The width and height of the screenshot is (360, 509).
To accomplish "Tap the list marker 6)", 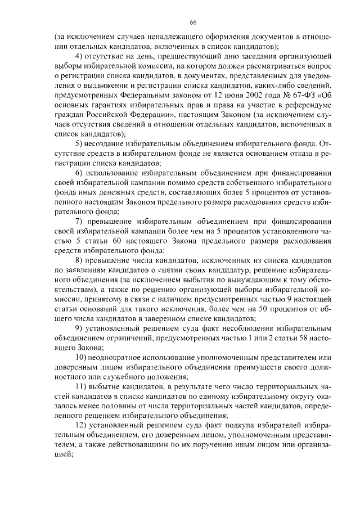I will [79, 172].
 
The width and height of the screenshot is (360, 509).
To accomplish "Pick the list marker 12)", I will [82, 425].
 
